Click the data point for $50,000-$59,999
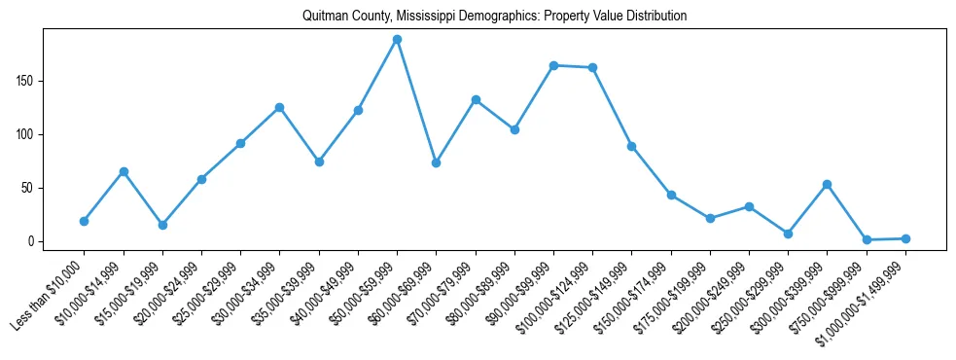pos(397,39)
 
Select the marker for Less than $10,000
pos(85,221)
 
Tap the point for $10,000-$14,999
pos(124,171)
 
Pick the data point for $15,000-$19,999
pos(162,225)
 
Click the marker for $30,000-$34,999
pos(280,107)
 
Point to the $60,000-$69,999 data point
pos(436,162)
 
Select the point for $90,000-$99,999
pos(553,65)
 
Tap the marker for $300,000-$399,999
pos(827,184)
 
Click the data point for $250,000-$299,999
pos(788,234)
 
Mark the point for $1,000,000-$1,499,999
pos(905,238)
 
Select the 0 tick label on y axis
pos(32,241)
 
